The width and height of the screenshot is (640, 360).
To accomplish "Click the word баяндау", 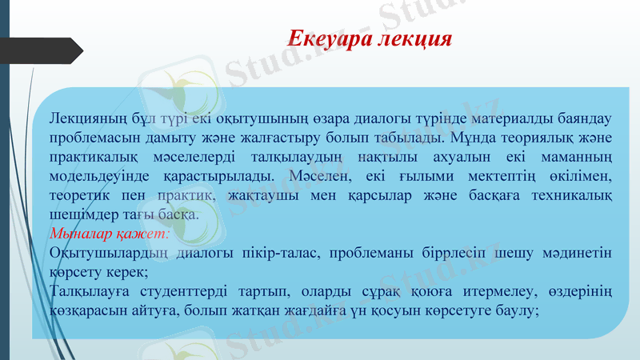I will pyautogui.click(x=582, y=118).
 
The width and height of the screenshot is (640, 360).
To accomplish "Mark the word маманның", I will pyautogui.click(x=575, y=157).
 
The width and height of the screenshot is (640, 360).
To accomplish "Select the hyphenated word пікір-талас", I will pyautogui.click(x=286, y=254).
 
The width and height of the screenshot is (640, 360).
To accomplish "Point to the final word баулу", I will pyautogui.click(x=521, y=311).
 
